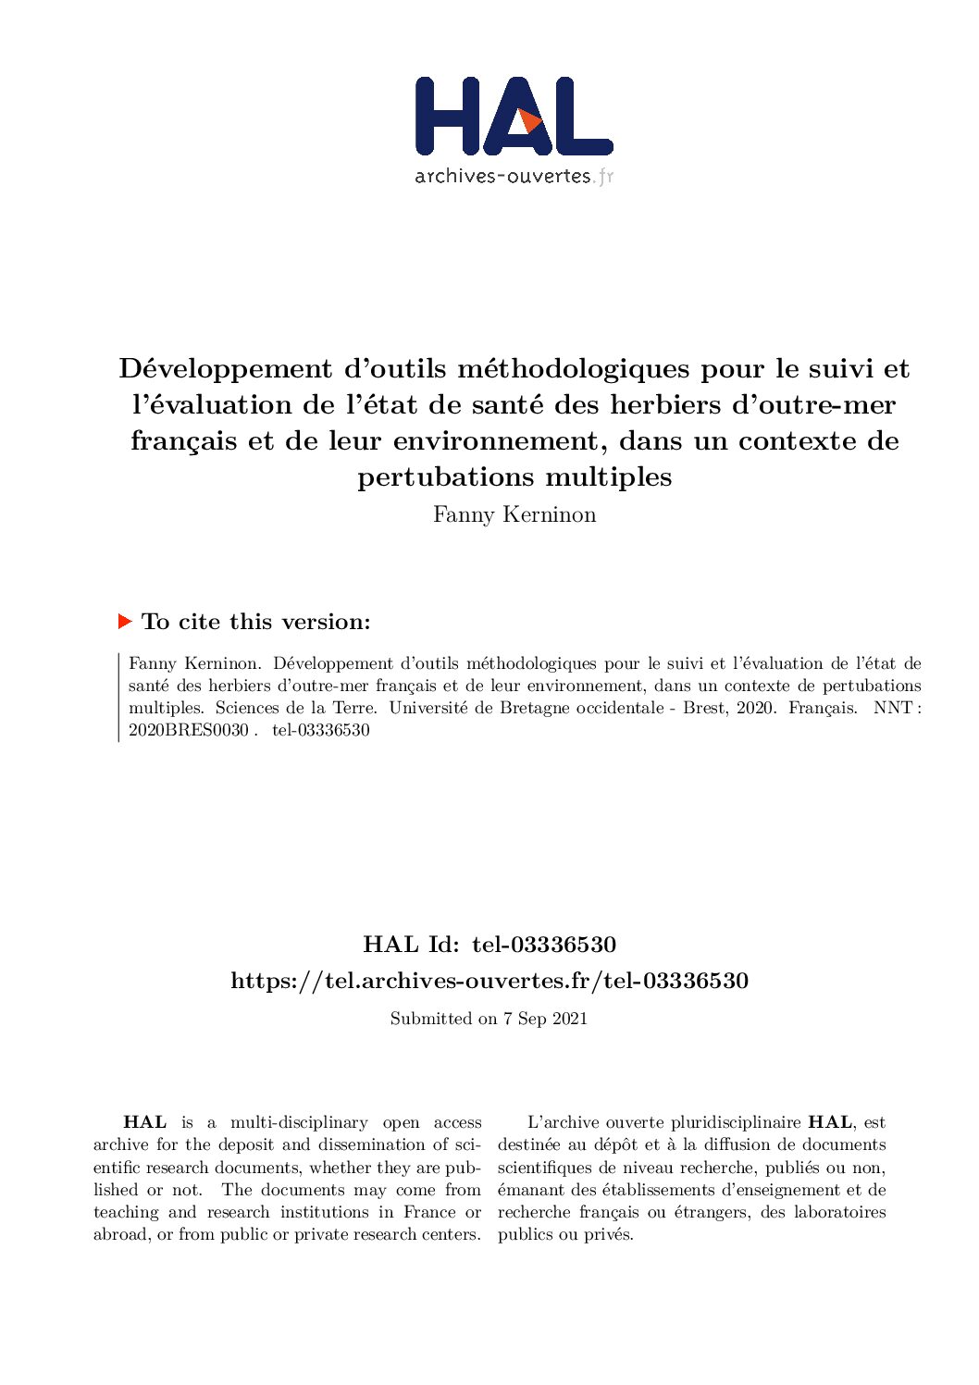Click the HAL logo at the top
(514, 117)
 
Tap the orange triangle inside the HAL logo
(529, 121)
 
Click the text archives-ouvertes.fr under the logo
(514, 176)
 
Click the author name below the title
(514, 514)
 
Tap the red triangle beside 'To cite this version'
(126, 621)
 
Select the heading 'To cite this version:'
(256, 622)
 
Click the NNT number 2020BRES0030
(189, 730)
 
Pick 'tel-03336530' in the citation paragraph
(321, 730)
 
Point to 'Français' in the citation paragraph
(823, 708)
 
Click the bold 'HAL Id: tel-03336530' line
(489, 945)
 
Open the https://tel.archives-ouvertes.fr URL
(489, 981)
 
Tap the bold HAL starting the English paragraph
(145, 1122)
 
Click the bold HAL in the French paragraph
(830, 1122)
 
